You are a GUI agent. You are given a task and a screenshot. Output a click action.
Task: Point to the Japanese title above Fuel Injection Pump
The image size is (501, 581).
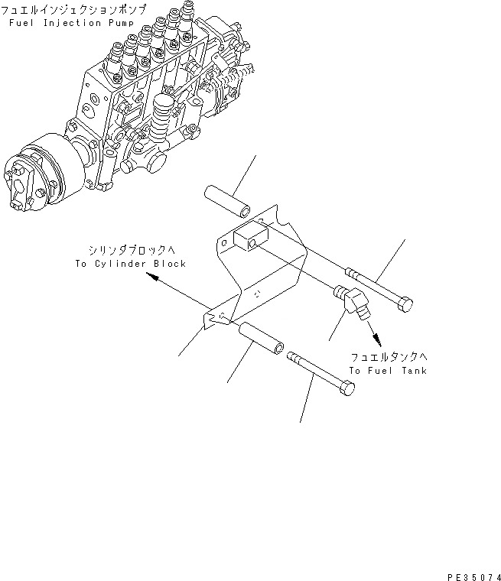click(x=72, y=10)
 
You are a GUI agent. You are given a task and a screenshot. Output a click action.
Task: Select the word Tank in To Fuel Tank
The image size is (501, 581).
click(x=412, y=371)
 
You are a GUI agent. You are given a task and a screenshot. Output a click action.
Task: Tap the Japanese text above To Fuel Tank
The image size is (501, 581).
click(x=388, y=357)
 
